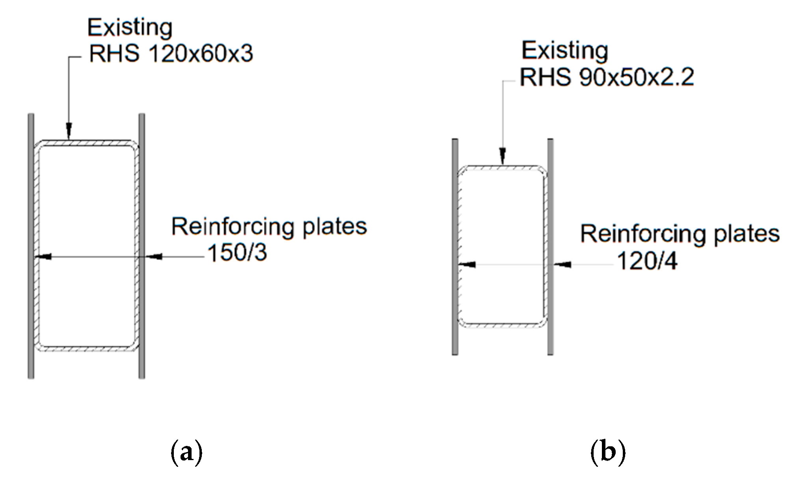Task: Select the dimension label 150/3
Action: pos(237,253)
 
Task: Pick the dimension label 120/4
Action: pos(647,261)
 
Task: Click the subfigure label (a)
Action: pos(186,453)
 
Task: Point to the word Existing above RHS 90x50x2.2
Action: pos(565,52)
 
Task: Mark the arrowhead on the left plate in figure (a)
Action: pos(44,257)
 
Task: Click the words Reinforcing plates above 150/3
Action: pos(269,227)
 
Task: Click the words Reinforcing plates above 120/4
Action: pos(680,234)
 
